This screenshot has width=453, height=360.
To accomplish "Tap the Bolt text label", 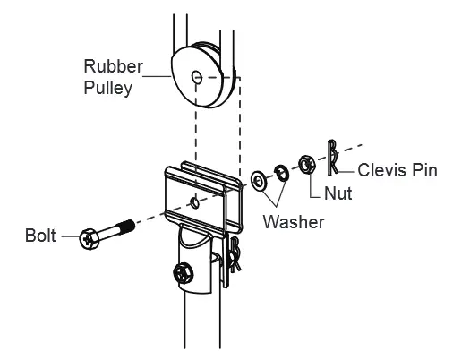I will click(x=39, y=237).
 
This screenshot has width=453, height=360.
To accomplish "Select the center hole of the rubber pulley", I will click(x=196, y=77).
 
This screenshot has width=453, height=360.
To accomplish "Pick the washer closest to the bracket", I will click(x=259, y=181).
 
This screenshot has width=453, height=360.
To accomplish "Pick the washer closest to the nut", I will click(x=279, y=172).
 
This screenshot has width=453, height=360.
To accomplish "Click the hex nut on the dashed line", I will click(x=305, y=164).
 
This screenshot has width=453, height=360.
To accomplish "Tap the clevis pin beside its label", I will click(x=332, y=157).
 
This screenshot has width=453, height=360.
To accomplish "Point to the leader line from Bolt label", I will click(x=69, y=237).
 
